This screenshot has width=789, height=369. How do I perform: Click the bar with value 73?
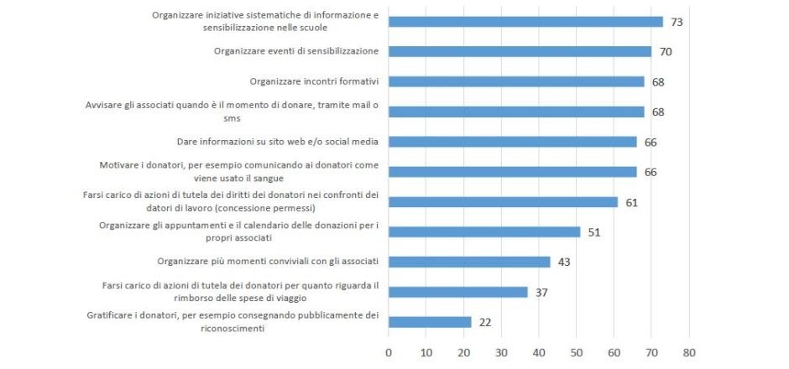525,22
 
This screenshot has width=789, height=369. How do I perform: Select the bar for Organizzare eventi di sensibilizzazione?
520,52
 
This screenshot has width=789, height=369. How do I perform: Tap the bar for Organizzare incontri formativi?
516,82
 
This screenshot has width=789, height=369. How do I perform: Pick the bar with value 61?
503,202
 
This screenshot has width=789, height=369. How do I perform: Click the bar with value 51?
484,232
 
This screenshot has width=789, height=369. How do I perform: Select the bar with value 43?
469,262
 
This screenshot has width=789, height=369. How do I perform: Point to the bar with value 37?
458,292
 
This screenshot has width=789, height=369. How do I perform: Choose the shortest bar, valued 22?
430,322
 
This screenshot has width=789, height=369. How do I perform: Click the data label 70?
666,52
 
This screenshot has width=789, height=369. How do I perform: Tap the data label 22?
485,322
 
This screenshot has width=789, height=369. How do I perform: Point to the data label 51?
594,232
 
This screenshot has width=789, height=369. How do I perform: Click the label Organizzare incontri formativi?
315,81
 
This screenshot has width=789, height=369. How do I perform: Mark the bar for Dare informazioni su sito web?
512,142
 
